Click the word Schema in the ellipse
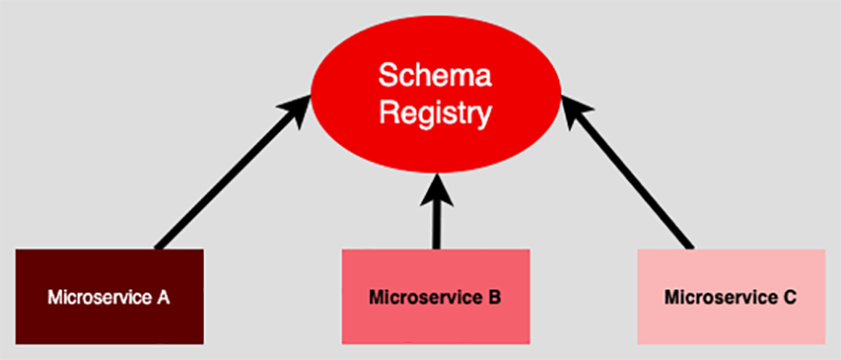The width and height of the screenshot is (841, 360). (435, 77)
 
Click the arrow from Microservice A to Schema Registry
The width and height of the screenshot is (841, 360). (226, 179)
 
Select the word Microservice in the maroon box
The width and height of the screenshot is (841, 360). (99, 297)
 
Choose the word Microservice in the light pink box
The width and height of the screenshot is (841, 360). (720, 297)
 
